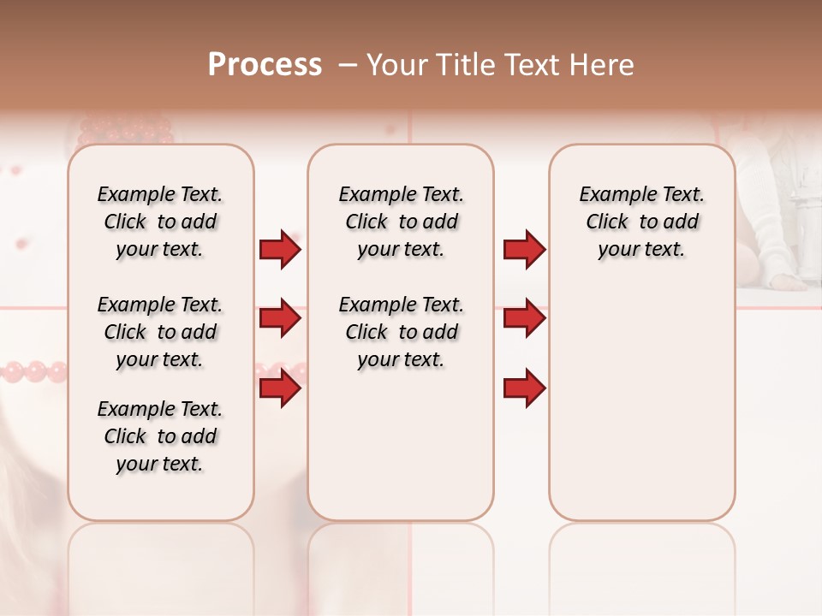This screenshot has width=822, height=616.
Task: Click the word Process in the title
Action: click(265, 65)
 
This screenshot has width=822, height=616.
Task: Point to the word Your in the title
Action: click(398, 65)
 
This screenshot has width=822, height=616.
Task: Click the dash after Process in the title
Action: click(347, 65)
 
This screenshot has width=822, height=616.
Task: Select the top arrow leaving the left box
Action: click(280, 250)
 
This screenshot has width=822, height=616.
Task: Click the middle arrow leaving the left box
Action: click(280, 319)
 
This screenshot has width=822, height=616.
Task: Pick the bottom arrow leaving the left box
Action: click(280, 388)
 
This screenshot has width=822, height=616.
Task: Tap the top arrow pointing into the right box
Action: click(524, 250)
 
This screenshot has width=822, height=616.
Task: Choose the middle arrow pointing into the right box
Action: click(524, 319)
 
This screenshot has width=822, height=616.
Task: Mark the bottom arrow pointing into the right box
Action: click(524, 388)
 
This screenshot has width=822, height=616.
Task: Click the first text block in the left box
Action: click(160, 222)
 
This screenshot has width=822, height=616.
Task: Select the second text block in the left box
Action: click(160, 332)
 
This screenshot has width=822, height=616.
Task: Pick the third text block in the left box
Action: click(160, 436)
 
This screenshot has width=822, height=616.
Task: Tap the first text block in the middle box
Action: click(401, 222)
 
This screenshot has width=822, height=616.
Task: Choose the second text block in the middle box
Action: click(401, 332)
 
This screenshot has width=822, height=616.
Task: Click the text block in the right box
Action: click(642, 222)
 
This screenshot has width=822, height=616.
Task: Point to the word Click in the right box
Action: click(607, 222)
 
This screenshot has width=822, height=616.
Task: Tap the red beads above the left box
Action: click(127, 131)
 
